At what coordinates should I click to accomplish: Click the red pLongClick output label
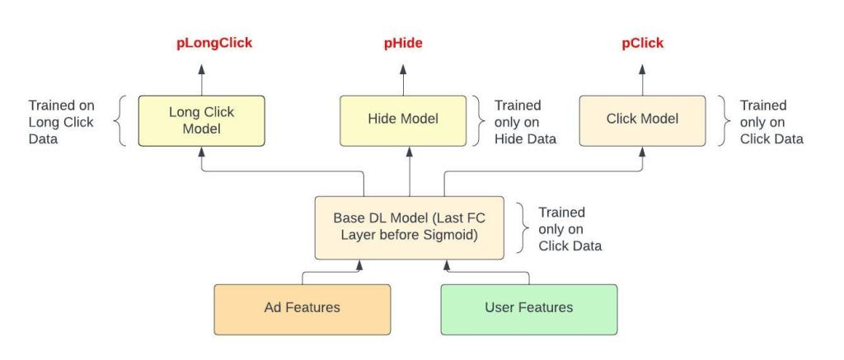(x=214, y=44)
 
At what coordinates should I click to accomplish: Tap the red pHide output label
(x=403, y=44)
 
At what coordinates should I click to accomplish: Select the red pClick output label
(x=643, y=44)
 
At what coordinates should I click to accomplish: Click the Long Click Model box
(x=201, y=121)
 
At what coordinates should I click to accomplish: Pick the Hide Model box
(x=403, y=121)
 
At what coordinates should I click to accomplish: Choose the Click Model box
(x=642, y=121)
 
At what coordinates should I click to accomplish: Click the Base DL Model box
(x=410, y=227)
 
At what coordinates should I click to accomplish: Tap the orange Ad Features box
(x=302, y=310)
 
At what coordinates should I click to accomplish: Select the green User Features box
(x=529, y=310)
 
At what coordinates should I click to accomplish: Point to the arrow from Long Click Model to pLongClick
(x=201, y=80)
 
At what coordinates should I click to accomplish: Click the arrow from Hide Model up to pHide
(x=403, y=80)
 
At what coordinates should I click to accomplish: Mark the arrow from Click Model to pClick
(x=642, y=80)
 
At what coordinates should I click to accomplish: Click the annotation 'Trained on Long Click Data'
(x=61, y=122)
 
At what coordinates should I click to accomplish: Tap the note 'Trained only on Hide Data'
(x=525, y=122)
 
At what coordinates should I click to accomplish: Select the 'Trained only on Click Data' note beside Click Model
(x=771, y=122)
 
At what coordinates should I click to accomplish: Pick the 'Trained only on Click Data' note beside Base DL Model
(x=570, y=229)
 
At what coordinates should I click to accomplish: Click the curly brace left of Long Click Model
(x=120, y=121)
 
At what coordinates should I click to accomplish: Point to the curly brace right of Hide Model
(x=479, y=121)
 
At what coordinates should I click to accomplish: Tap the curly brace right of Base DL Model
(x=523, y=227)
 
